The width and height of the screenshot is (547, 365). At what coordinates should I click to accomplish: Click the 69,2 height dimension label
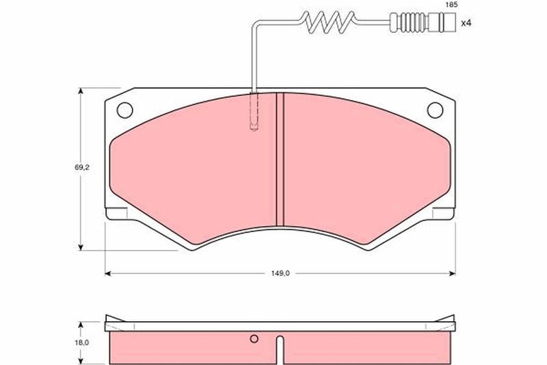click(81, 167)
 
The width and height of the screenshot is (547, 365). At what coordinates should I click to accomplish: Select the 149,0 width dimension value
click(280, 273)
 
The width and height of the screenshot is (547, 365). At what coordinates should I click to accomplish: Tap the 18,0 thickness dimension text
click(81, 342)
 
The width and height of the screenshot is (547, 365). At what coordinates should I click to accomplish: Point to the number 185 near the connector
click(451, 5)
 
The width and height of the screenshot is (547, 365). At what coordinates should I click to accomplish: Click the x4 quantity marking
click(466, 23)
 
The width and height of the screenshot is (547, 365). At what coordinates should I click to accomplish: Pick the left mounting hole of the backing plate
click(124, 110)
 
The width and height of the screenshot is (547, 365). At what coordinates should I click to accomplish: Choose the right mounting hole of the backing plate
click(435, 110)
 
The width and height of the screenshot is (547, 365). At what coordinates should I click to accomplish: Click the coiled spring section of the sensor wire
click(329, 23)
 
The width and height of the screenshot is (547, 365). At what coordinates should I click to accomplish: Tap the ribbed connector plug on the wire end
click(423, 23)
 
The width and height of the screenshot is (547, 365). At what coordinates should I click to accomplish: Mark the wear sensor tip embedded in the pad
click(254, 112)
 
